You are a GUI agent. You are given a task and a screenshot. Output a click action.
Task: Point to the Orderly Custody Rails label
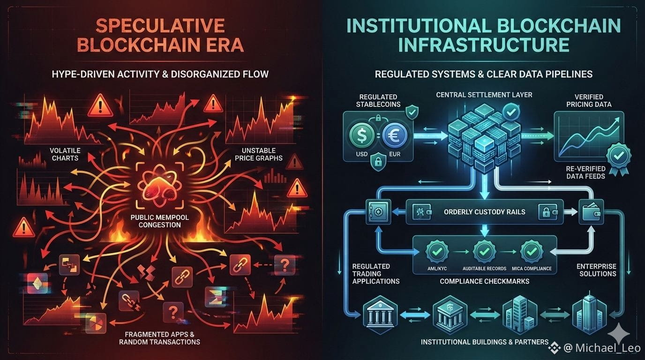click(484, 212)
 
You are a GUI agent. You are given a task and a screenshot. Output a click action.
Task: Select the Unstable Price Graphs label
click(259, 154)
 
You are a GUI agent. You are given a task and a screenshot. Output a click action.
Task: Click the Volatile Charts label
click(65, 154)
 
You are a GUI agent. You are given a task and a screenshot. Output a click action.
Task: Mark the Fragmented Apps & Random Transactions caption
click(162, 338)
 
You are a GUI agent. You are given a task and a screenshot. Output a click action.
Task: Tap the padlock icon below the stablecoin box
click(377, 162)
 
